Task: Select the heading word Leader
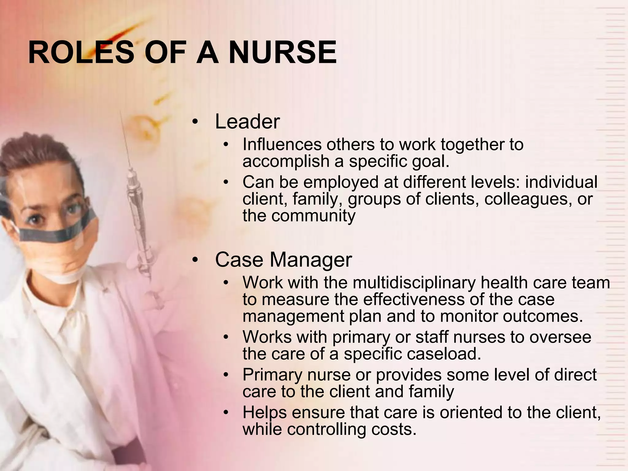click(247, 121)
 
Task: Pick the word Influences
click(282, 144)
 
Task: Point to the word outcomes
click(542, 316)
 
